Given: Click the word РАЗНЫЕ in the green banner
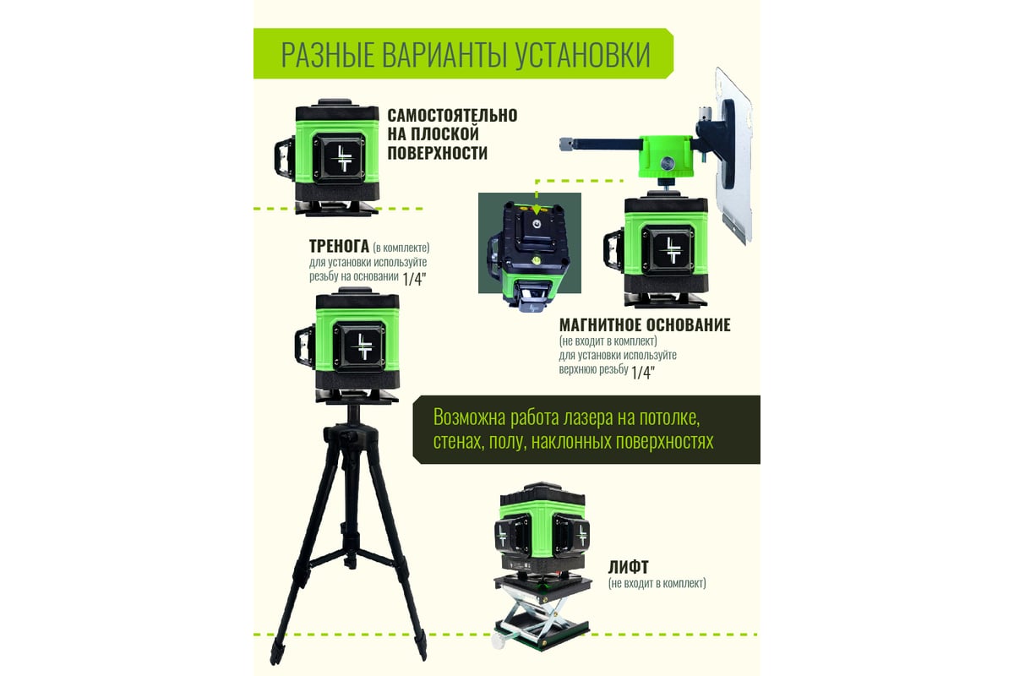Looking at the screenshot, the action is tap(328, 55).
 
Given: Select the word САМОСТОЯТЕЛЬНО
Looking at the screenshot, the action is tap(452, 116).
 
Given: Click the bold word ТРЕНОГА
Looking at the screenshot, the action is tap(339, 246).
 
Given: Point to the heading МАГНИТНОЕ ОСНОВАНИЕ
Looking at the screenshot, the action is tap(645, 324).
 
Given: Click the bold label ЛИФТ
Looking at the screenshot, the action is tap(629, 567).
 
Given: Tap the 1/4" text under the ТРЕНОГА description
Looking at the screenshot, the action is tap(414, 279).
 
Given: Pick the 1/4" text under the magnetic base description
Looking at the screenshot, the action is tap(643, 372).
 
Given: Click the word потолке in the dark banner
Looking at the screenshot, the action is tap(669, 417).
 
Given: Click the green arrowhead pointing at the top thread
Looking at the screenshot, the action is tap(537, 210).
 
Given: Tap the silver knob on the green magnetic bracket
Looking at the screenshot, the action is tap(667, 163).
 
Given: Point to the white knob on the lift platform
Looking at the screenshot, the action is tap(499, 641).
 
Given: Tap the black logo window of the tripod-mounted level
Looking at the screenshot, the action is tap(359, 347).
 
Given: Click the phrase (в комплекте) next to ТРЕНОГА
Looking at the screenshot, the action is tap(401, 248).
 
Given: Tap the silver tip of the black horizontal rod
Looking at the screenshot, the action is tap(566, 144).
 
